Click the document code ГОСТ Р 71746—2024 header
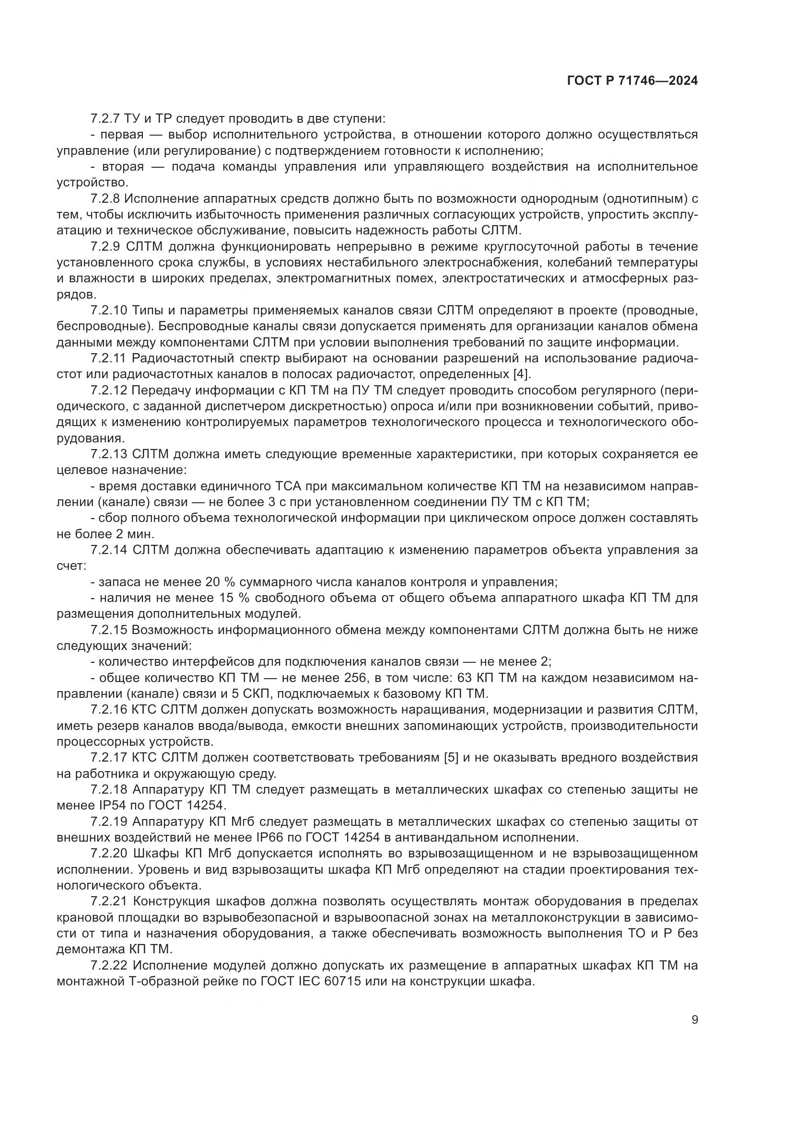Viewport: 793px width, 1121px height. tap(632, 81)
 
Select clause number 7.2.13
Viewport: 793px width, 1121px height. tap(108, 454)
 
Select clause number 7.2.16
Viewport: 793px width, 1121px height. tap(108, 710)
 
